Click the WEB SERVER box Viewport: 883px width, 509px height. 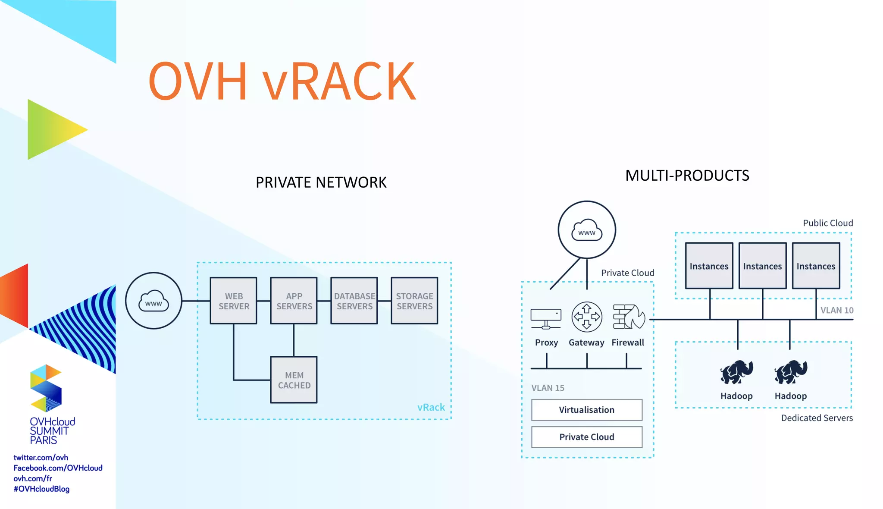tap(233, 301)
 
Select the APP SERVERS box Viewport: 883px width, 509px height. tap(294, 301)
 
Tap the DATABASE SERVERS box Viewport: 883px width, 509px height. tap(354, 301)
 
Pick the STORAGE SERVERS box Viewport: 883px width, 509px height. tap(414, 301)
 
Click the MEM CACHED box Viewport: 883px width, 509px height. tap(294, 380)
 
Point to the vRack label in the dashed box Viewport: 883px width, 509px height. tap(431, 407)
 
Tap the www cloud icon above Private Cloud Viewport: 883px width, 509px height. tap(586, 230)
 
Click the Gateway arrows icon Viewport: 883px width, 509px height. tap(586, 317)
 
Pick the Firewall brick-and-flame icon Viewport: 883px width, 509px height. tap(629, 317)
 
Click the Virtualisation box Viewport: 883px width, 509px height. tap(586, 410)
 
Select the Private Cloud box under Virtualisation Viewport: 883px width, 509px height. tap(586, 437)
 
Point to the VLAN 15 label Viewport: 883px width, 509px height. tap(548, 388)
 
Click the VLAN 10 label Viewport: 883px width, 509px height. tap(836, 310)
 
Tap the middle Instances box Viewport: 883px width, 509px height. tap(762, 266)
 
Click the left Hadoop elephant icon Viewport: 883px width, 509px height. tap(736, 372)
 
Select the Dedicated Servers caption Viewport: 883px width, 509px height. tap(817, 418)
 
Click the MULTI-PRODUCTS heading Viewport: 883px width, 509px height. tap(687, 176)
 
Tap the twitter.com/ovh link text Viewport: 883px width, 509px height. tap(41, 457)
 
